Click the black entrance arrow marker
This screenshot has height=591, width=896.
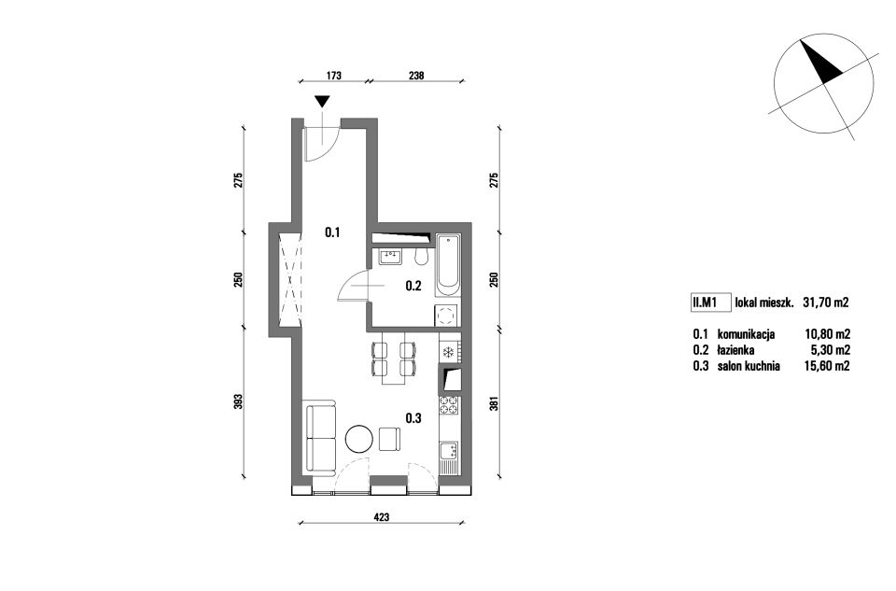[x=323, y=102]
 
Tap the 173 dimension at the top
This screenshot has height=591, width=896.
[x=334, y=75]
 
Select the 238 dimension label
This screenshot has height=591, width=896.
[x=416, y=75]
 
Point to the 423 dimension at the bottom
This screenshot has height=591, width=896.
[x=381, y=517]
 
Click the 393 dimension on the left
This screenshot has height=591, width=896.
[x=239, y=401]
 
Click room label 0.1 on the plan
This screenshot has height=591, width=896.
[x=332, y=232]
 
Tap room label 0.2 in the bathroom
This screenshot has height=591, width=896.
[x=413, y=286]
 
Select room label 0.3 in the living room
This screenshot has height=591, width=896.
[x=413, y=418]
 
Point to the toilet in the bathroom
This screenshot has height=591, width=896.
[x=421, y=257]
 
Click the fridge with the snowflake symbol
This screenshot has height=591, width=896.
[x=449, y=351]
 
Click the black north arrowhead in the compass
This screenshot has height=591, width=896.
[x=821, y=62]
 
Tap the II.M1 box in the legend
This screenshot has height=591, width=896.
[x=711, y=303]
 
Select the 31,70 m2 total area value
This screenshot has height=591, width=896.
[x=826, y=303]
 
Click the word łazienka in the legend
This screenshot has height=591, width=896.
[x=736, y=350]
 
